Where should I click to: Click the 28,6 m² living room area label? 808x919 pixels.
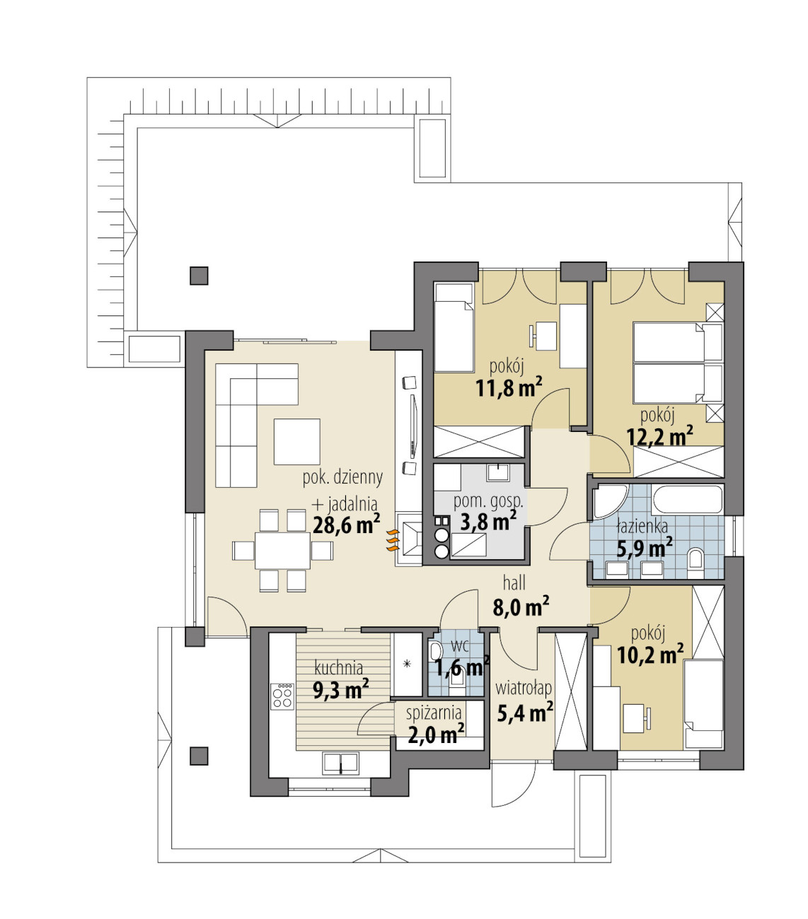coord(347,524)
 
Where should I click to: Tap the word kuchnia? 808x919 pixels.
coord(339,668)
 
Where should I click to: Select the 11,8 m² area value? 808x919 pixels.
coord(509,387)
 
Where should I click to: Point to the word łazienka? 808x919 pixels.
coord(642,526)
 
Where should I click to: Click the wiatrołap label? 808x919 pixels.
coord(524,689)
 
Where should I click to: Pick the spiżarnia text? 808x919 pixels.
coord(434,713)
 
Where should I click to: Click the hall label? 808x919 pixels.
coord(514,583)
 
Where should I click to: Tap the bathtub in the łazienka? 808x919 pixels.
coord(687,499)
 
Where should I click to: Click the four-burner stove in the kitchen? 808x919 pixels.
coord(282,696)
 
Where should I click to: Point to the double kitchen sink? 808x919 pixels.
coord(340,763)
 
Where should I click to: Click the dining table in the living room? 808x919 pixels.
coord(282,551)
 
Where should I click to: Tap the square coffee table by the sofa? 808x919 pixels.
coord(297,441)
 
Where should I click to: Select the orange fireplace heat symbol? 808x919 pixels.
coord(392,540)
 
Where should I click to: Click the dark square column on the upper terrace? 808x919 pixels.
coord(199,275)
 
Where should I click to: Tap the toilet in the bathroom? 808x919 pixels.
coord(696,564)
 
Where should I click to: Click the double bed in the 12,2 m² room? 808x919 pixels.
coord(677,363)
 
